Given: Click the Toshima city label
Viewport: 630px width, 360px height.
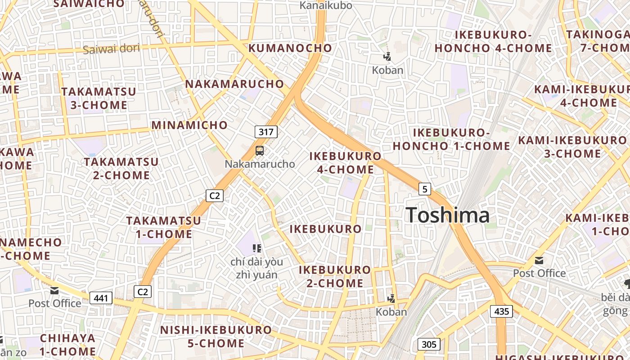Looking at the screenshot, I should tap(447, 215).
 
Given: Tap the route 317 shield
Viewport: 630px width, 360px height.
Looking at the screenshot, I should tap(266, 132).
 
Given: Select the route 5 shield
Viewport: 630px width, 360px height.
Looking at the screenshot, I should tap(424, 189).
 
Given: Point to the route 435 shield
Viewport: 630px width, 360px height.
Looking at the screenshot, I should tap(501, 311).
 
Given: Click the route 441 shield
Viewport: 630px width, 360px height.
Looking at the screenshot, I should tap(101, 297).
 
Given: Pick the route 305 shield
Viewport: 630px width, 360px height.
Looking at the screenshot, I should tap(429, 345).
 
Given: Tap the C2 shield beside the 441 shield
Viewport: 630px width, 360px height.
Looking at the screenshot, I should tap(143, 292).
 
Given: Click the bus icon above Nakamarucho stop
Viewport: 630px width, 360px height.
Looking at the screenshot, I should tap(260, 151).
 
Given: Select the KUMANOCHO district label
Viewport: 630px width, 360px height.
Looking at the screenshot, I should tap(290, 48).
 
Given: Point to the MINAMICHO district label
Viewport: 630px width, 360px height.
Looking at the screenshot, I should tap(189, 125).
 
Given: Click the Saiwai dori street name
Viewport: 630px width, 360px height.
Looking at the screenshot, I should tap(112, 49).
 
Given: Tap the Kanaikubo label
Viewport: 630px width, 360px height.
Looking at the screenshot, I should tap(326, 5).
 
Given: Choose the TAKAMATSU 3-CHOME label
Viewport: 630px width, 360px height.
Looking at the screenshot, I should tap(99, 98).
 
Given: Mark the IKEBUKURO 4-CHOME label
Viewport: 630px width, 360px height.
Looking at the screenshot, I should tap(345, 162).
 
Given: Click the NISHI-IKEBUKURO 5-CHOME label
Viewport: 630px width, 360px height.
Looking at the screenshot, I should tap(216, 336).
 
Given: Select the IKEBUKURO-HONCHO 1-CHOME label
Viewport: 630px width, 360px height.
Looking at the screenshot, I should tap(451, 139).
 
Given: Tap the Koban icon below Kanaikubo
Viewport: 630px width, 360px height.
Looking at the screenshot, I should tap(387, 56).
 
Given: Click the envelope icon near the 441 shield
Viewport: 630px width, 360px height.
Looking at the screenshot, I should tap(54, 291).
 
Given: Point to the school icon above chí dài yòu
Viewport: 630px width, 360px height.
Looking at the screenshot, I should tap(257, 248).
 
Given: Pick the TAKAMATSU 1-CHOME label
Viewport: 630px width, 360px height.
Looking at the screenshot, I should tap(163, 227).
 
